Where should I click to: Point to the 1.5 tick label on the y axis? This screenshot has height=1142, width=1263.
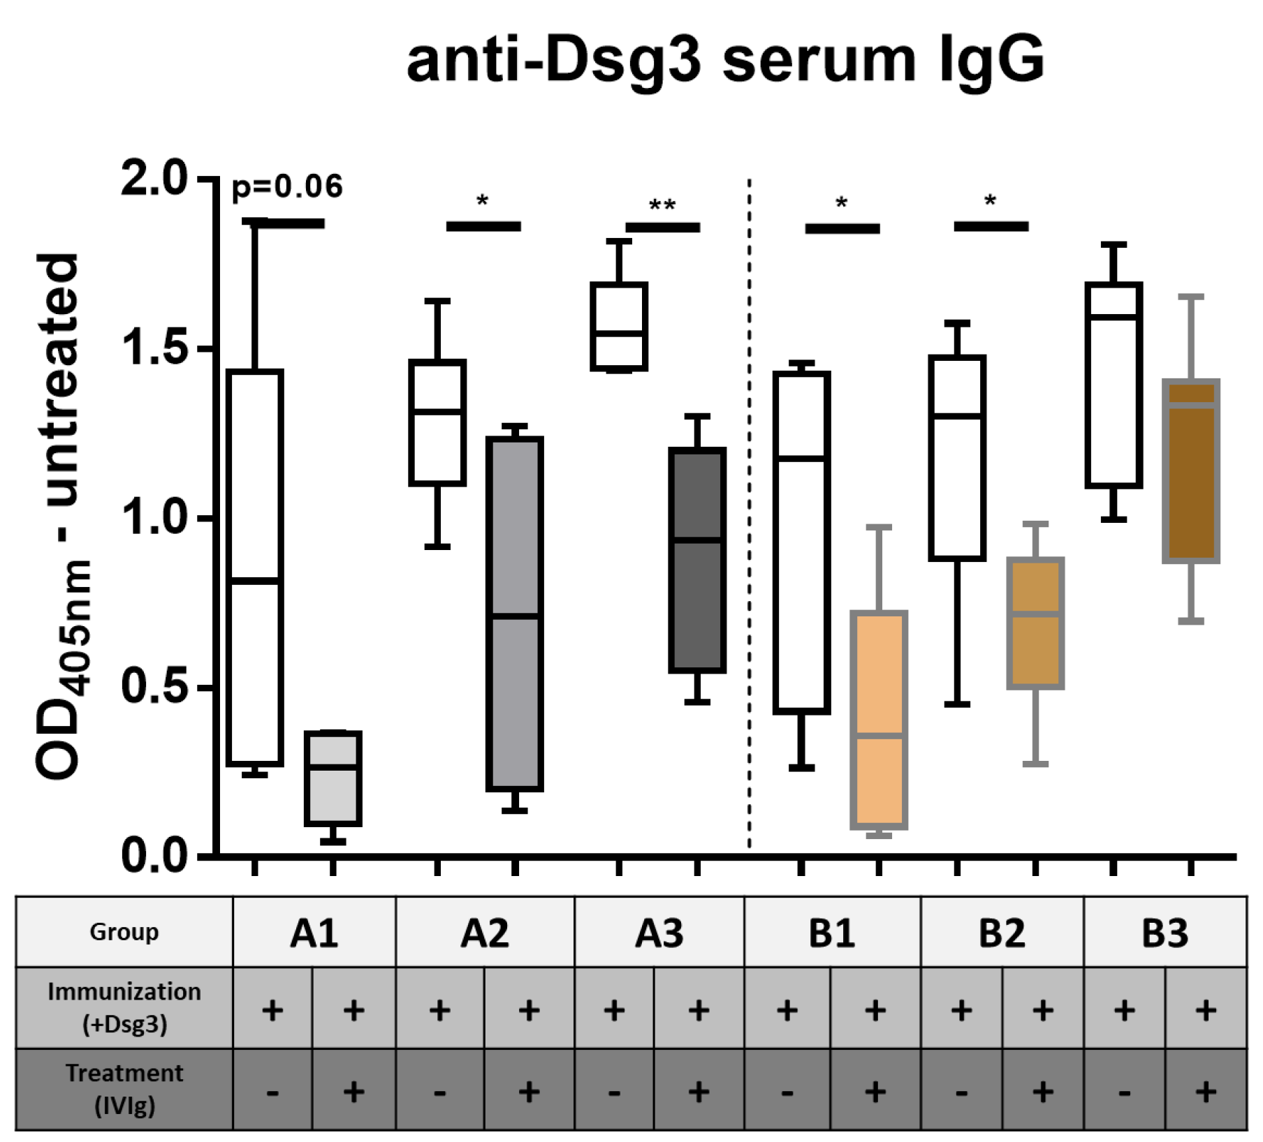(x=154, y=347)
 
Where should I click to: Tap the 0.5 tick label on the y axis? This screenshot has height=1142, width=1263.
(x=154, y=686)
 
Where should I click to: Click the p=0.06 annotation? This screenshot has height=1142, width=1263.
(x=287, y=186)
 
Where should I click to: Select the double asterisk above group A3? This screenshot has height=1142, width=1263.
(x=662, y=206)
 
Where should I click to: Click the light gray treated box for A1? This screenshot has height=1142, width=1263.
(x=333, y=778)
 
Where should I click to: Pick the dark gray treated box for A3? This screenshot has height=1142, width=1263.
(x=697, y=561)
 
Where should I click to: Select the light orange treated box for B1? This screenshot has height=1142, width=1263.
(x=879, y=720)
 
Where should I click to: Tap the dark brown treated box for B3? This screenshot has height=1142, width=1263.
(x=1190, y=471)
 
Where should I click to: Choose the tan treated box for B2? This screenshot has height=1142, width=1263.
(x=1035, y=623)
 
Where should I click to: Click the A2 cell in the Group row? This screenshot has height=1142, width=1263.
(x=485, y=933)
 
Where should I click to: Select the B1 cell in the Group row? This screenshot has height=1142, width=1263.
(x=832, y=933)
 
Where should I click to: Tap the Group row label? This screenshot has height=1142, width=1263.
(x=124, y=933)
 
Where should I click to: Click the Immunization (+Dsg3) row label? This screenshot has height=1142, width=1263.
(x=124, y=1008)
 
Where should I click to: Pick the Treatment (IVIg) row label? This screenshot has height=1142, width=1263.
(x=124, y=1089)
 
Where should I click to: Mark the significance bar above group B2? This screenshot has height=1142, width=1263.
(x=991, y=226)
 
